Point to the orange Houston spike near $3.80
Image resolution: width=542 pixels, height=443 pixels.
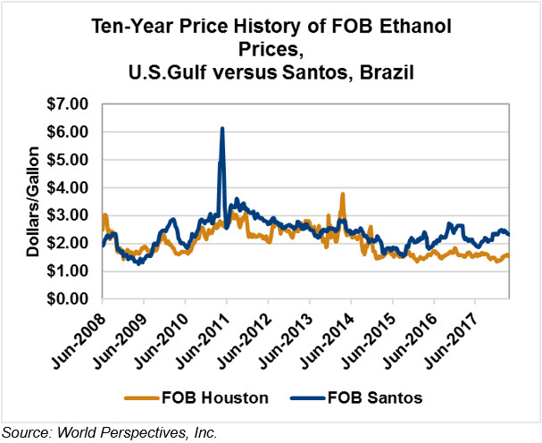point(343,194)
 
